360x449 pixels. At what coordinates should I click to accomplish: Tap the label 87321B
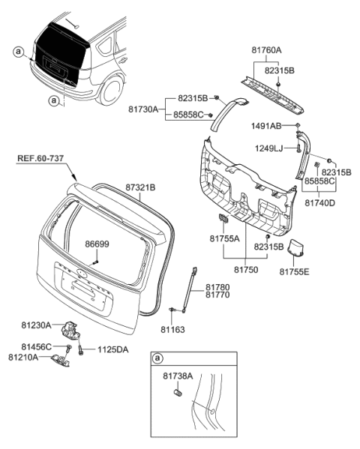(140, 187)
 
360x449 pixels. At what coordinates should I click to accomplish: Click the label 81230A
(35, 325)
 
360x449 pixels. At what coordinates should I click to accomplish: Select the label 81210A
(23, 358)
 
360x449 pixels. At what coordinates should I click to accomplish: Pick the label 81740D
(319, 202)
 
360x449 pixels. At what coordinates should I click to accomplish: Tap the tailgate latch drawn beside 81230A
(73, 329)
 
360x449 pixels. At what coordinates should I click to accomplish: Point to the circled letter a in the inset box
(158, 358)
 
